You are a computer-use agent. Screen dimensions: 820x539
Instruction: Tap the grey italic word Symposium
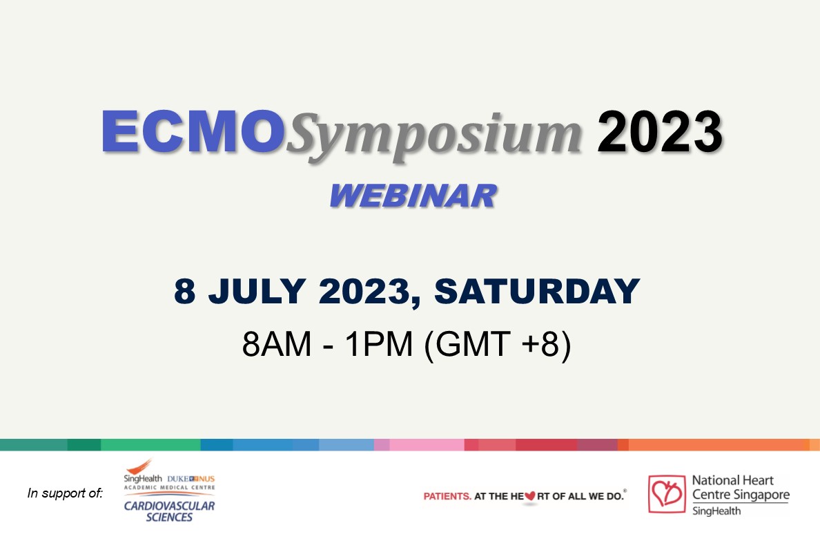[x=433, y=136]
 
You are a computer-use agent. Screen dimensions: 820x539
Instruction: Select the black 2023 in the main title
[x=660, y=131]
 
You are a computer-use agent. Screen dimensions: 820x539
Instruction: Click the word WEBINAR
[x=413, y=196]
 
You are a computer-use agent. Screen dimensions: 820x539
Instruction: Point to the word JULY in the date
[x=257, y=291]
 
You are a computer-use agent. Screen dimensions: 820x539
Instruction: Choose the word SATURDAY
[x=537, y=291]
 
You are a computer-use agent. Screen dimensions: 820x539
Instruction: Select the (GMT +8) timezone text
[x=498, y=345]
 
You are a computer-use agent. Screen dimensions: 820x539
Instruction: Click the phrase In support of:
[x=66, y=493]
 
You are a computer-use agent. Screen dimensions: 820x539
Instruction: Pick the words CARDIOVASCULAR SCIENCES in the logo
[x=169, y=511]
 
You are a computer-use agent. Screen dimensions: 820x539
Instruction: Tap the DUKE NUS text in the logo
[x=191, y=479]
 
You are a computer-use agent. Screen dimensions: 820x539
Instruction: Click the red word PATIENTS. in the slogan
[x=447, y=496]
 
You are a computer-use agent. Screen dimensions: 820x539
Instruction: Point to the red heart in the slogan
[x=530, y=495]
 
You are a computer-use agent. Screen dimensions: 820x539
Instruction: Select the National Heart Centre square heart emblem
[x=667, y=494]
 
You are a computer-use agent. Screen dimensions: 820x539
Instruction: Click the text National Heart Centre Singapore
[x=741, y=487]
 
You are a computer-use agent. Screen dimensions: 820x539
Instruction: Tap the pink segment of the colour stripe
[x=427, y=445]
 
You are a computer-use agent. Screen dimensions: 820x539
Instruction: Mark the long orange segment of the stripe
[x=719, y=445]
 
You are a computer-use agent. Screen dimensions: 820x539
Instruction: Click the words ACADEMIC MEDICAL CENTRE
[x=169, y=488]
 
